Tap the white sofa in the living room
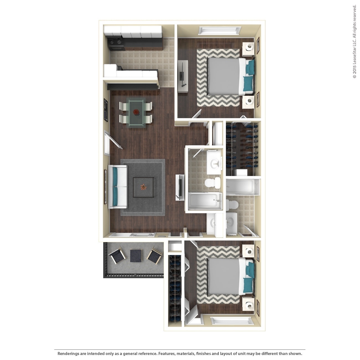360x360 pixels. coord(117,186)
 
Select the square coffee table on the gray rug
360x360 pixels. coord(143,187)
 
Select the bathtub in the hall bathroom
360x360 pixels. coord(205,200)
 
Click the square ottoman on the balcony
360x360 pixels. coord(136,255)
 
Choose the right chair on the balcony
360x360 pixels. coord(155,256)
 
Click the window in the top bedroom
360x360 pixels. coord(219,30)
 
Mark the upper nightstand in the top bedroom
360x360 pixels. coord(249,48)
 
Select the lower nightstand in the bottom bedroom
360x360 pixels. coord(249,305)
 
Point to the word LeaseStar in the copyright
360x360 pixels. coord(354,51)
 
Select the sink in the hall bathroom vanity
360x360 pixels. coord(214,163)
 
